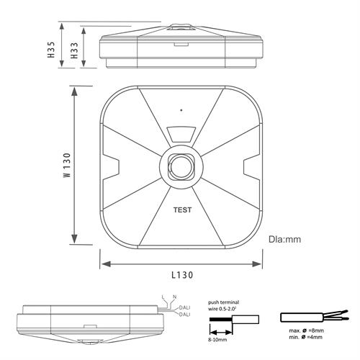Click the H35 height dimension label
pos(51,50)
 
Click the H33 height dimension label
pos(74,50)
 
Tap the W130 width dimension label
pos(68,165)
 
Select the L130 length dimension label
pos(182,275)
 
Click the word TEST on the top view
pos(182,210)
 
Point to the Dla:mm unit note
pos(284,239)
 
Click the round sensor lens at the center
pos(181,166)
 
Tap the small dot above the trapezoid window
pos(181,110)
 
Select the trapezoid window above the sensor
pos(181,135)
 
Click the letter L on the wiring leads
pos(163,297)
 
